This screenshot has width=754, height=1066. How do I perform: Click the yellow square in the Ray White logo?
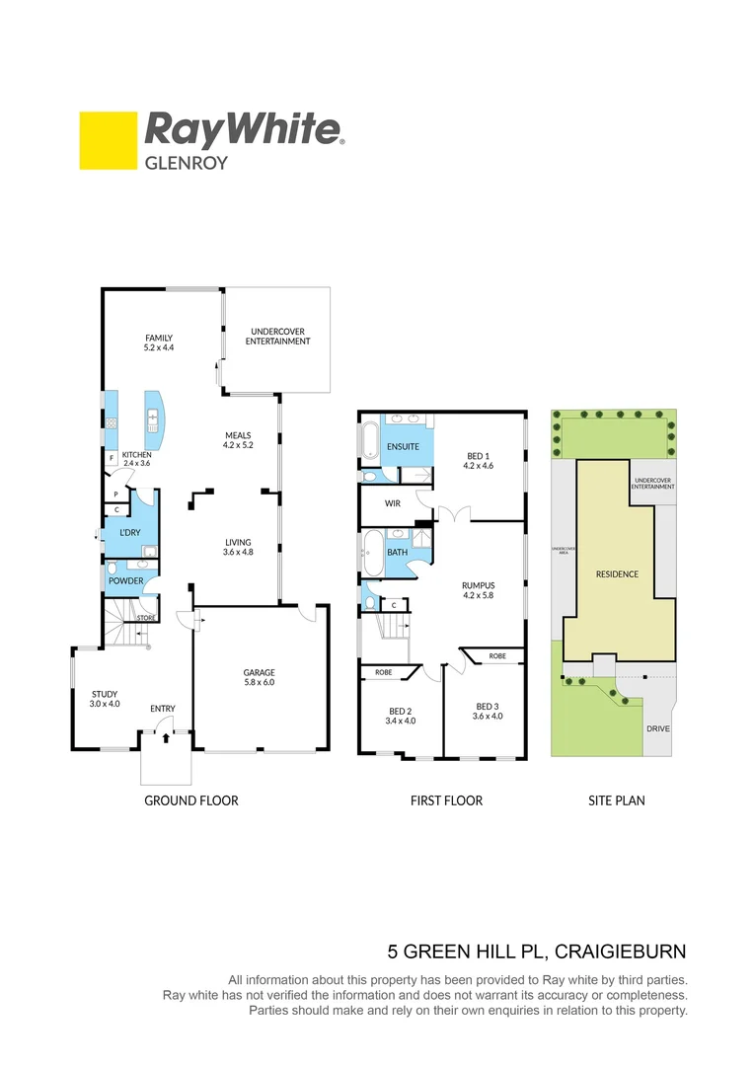tap(107, 139)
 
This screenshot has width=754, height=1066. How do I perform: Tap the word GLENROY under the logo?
tap(187, 163)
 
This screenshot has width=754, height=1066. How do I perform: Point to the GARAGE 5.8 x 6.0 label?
tap(260, 677)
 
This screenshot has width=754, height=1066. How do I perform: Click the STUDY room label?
tap(105, 699)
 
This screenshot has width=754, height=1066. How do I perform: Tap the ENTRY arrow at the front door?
tap(165, 736)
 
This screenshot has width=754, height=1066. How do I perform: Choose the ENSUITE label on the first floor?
tap(403, 447)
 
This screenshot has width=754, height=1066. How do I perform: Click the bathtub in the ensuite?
tap(369, 442)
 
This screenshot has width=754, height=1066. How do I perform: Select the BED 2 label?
tap(400, 716)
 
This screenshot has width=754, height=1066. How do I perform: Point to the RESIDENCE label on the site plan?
tap(617, 573)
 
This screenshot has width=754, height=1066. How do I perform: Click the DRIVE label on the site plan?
tap(658, 729)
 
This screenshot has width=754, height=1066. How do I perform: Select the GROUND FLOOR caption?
tap(191, 800)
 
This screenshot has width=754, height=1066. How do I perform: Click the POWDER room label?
tap(126, 581)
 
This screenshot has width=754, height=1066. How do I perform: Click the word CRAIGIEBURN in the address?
tap(621, 952)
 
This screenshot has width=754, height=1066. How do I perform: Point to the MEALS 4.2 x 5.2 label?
tap(238, 439)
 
